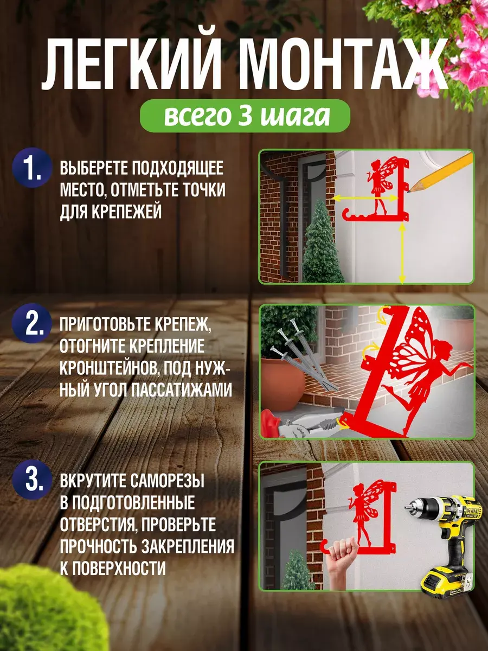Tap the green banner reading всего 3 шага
[245, 116]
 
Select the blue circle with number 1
[33, 168]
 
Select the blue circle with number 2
[33, 323]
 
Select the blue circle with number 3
[33, 480]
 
